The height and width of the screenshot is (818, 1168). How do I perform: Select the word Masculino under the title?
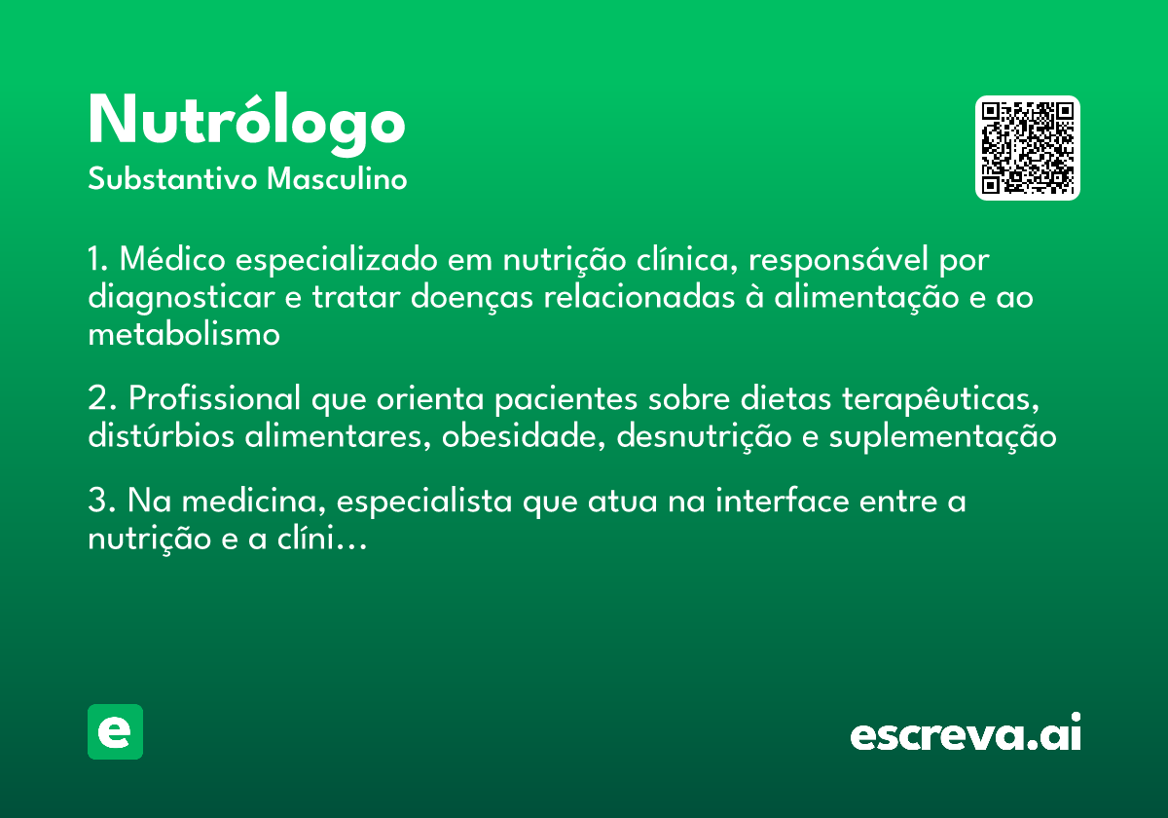click(x=337, y=180)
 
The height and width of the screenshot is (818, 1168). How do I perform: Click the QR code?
click(x=1028, y=148)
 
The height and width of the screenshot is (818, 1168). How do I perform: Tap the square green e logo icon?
click(x=115, y=731)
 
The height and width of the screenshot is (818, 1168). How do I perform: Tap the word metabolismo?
click(x=184, y=335)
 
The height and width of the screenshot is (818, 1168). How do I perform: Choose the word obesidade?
click(x=525, y=437)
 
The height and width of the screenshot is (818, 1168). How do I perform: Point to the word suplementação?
click(x=942, y=437)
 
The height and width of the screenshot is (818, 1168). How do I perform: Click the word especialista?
click(x=426, y=502)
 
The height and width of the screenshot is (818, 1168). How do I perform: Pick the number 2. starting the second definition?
click(x=102, y=399)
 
